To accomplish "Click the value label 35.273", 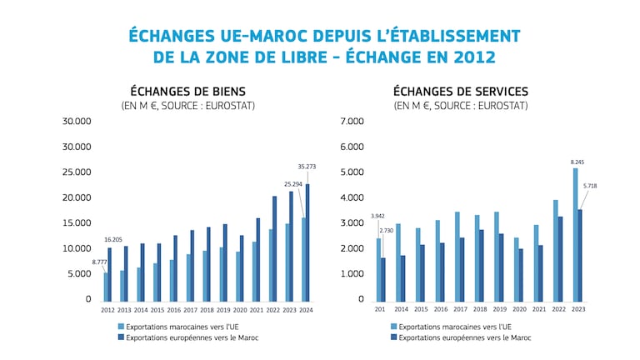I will pyautogui.click(x=306, y=167).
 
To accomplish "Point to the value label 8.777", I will pyautogui.click(x=98, y=262).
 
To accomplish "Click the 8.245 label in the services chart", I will pyautogui.click(x=577, y=161).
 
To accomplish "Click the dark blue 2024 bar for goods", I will pyautogui.click(x=307, y=242).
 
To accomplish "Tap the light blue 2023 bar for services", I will pyautogui.click(x=575, y=234).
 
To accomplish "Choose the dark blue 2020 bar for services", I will pyautogui.click(x=522, y=274).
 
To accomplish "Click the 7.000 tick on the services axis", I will pyautogui.click(x=352, y=122).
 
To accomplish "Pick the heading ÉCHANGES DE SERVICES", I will pyautogui.click(x=460, y=91).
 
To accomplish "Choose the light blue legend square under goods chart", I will pyautogui.click(x=121, y=327).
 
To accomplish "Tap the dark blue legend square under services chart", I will pyautogui.click(x=393, y=337).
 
